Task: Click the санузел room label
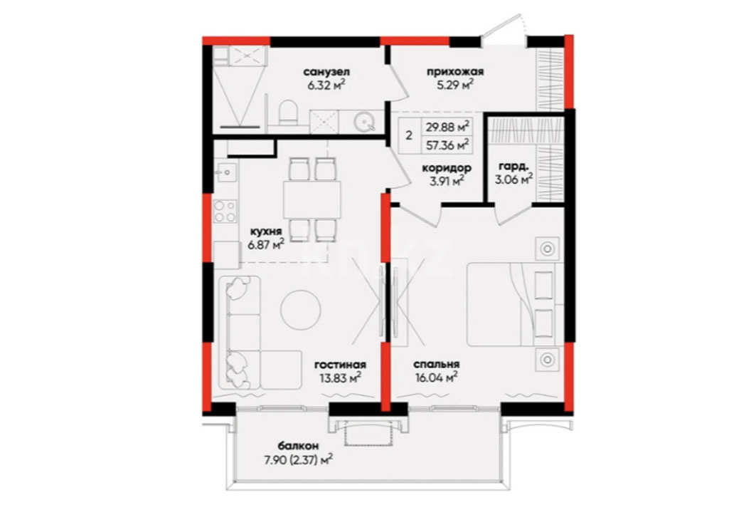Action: click(326, 72)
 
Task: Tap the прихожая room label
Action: click(454, 72)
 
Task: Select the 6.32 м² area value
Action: click(326, 85)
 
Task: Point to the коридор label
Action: click(447, 169)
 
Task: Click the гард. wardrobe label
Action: click(513, 167)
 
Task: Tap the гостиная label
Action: click(340, 365)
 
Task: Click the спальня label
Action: click(437, 365)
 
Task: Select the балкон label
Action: click(298, 446)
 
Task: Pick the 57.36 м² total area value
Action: click(447, 145)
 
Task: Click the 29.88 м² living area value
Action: click(447, 127)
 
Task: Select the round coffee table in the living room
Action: click(301, 310)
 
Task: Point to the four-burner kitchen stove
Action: click(225, 211)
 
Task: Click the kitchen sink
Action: click(225, 172)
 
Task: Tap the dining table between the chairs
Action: click(312, 199)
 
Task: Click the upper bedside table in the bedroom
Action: click(547, 249)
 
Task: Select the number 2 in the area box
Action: click(409, 135)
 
